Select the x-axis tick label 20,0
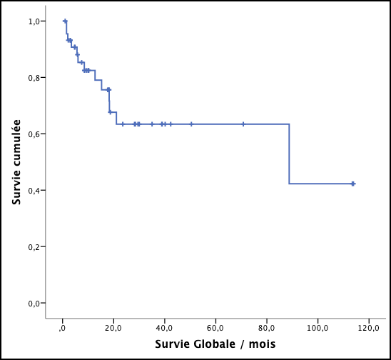pyautogui.click(x=113, y=328)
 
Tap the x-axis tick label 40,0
pyautogui.click(x=164, y=328)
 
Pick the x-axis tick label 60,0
pyautogui.click(x=215, y=328)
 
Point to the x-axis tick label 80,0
pyautogui.click(x=266, y=328)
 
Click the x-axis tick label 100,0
pyautogui.click(x=317, y=328)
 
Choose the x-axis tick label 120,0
pyautogui.click(x=367, y=328)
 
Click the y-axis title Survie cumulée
pyautogui.click(x=16, y=163)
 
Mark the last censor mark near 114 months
pyautogui.click(x=352, y=184)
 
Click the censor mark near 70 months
pyautogui.click(x=243, y=124)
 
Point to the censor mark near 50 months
pyautogui.click(x=191, y=124)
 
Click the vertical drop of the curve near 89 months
pyautogui.click(x=289, y=154)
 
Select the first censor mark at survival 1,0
pyautogui.click(x=65, y=21)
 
